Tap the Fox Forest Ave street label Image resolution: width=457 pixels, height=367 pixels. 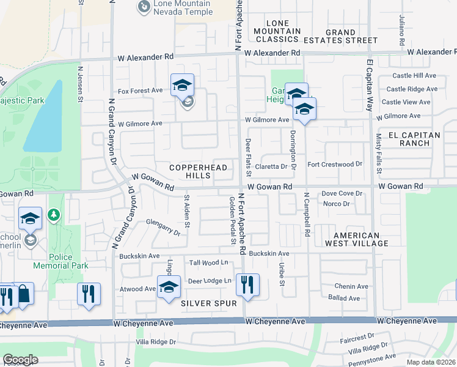click(141, 91)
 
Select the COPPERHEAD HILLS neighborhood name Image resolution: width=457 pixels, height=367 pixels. click(198, 171)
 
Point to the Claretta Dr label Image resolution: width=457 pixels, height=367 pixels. click(271, 166)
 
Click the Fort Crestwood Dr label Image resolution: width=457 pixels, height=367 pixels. click(335, 164)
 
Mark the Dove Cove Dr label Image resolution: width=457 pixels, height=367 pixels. click(343, 193)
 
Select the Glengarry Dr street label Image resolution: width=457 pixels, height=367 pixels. click(163, 228)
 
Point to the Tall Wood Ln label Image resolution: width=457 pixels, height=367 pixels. click(208, 262)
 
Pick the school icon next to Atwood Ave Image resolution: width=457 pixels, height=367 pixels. click(169, 287)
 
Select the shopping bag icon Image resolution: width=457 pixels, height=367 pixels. click(23, 294)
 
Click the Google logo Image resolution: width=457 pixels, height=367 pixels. click(20, 360)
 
